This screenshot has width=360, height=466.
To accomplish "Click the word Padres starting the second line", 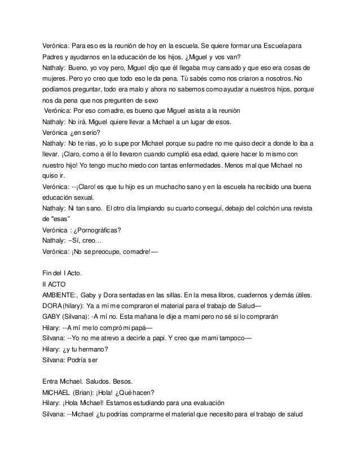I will (x=55, y=57).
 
